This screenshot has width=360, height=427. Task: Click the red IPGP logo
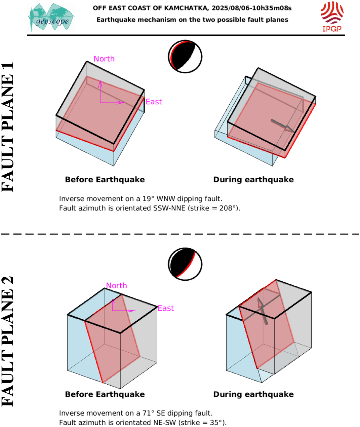click(332, 16)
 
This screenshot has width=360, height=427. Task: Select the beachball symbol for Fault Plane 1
click(185, 57)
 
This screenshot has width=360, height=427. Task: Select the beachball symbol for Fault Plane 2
click(185, 264)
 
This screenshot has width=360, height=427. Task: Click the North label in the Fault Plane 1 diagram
click(104, 59)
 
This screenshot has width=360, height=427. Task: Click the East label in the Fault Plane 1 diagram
click(154, 102)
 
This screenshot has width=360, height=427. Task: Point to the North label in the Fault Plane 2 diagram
click(116, 285)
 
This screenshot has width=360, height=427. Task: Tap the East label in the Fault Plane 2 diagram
click(166, 308)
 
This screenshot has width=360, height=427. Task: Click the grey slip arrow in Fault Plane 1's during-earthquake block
click(283, 126)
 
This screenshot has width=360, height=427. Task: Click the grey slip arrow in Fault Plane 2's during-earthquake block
click(263, 311)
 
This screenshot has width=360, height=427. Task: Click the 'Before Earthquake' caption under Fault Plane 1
click(105, 180)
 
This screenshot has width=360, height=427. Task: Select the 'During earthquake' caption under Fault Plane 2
click(253, 394)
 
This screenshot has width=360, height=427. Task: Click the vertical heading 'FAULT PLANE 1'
click(7, 127)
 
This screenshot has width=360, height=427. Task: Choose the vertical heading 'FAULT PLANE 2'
click(7, 342)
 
